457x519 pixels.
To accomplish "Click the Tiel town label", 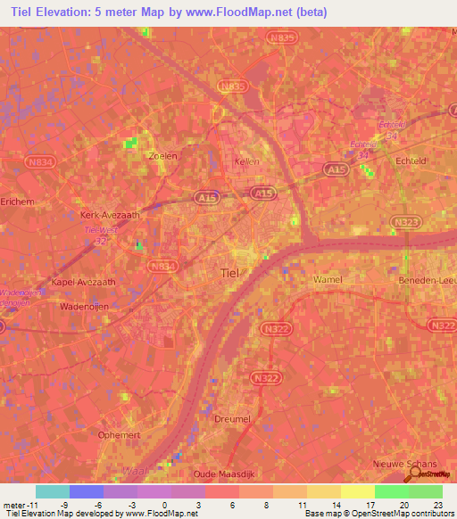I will [x=229, y=275].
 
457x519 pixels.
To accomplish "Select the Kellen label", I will [x=245, y=161].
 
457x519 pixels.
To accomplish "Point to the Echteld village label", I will [x=412, y=161].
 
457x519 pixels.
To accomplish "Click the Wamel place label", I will [x=328, y=279].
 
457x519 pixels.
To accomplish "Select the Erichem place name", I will [x=18, y=202].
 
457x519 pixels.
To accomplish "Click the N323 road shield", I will [x=402, y=220].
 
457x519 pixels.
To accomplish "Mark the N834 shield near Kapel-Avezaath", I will [x=163, y=266].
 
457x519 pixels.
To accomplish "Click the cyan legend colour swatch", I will [x=52, y=491].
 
